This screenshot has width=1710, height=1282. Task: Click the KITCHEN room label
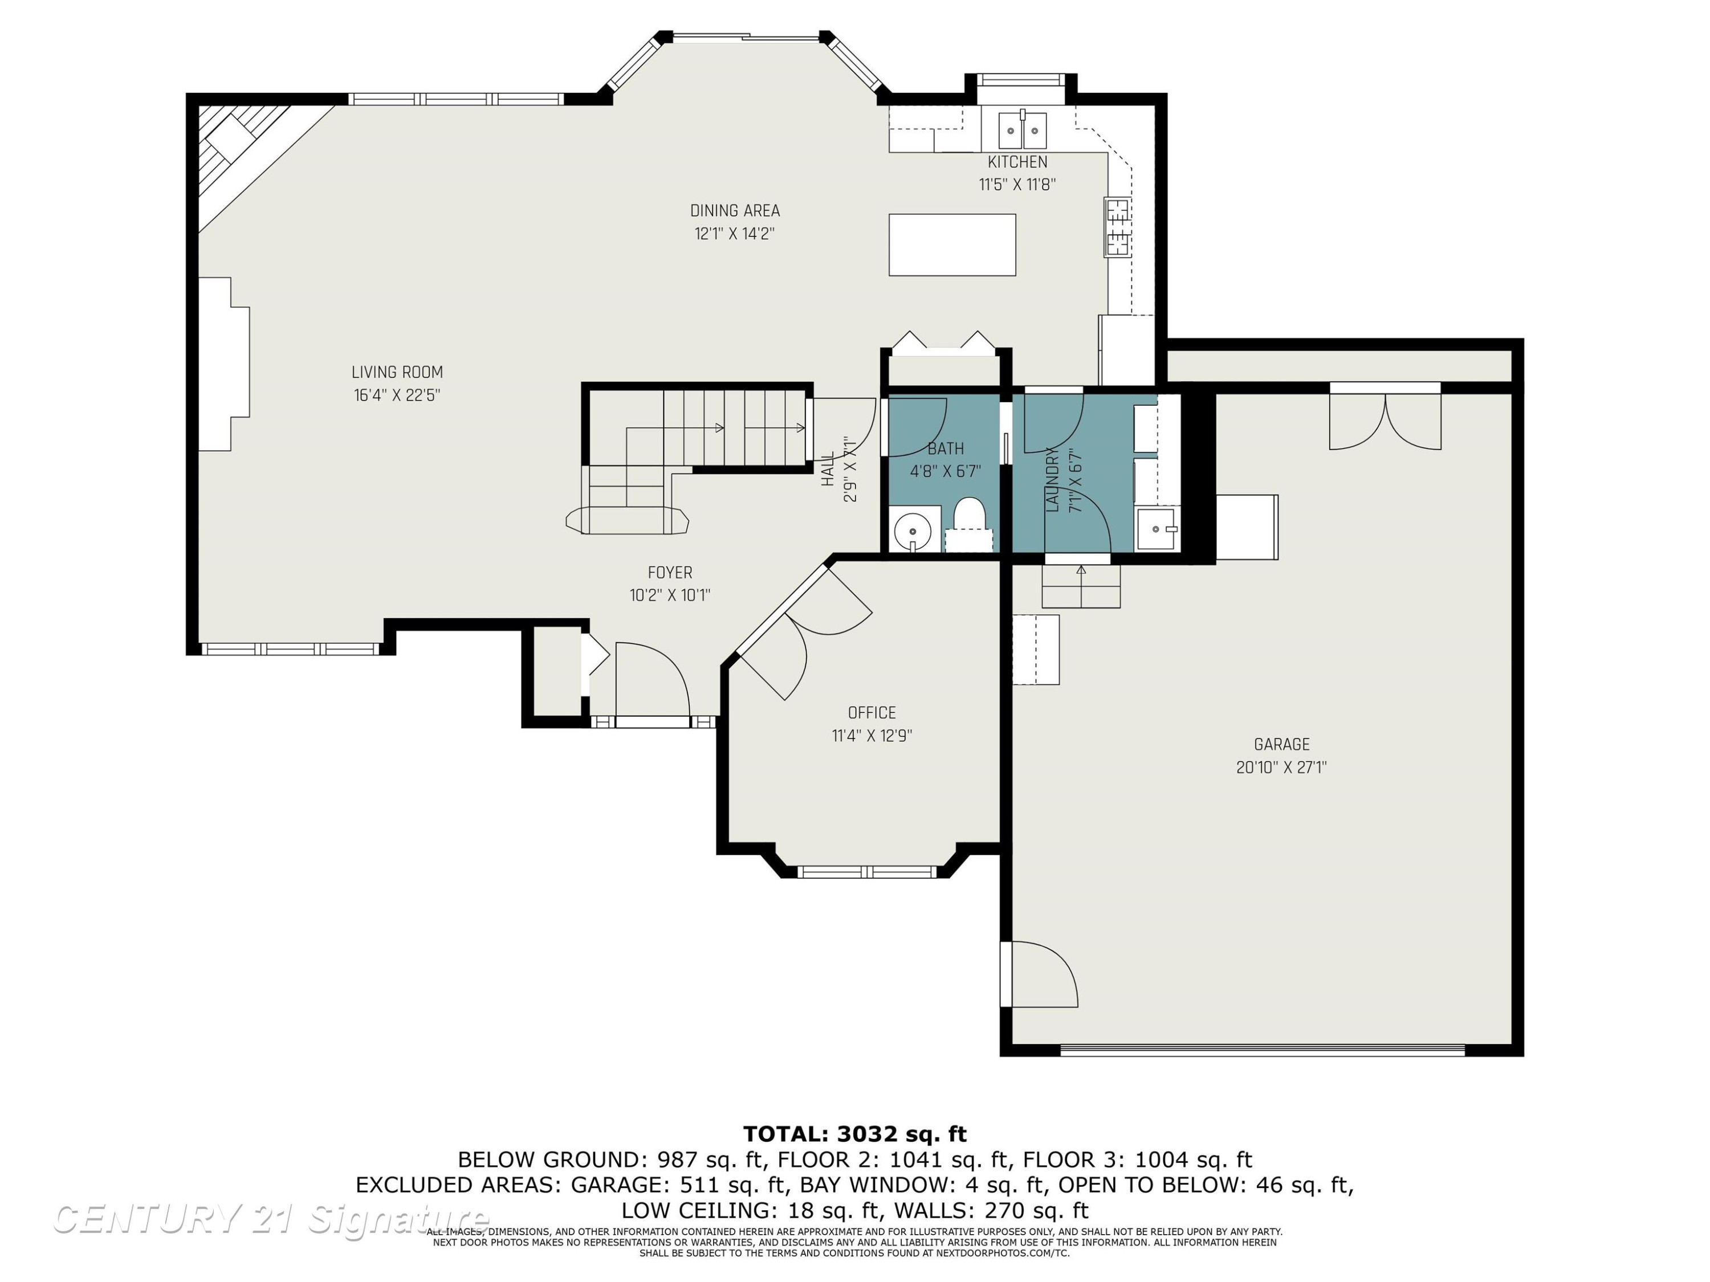(1017, 162)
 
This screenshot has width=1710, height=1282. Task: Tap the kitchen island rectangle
(952, 245)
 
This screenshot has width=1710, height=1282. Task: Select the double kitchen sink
(1022, 130)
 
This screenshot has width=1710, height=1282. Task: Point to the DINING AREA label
(734, 211)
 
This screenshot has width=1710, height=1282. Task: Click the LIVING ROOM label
(397, 373)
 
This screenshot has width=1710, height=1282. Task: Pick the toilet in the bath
(968, 524)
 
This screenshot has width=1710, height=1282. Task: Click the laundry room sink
(1157, 529)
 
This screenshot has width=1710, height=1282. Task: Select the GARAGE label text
(1282, 745)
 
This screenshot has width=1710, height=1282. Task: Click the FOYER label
(670, 573)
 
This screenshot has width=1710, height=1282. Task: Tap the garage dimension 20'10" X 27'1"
(1282, 767)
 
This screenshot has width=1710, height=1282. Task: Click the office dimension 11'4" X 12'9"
(872, 736)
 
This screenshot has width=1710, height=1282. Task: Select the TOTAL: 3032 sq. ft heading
(855, 1134)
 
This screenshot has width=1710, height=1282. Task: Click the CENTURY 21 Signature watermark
(271, 1219)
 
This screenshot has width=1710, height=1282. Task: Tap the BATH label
(946, 449)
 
